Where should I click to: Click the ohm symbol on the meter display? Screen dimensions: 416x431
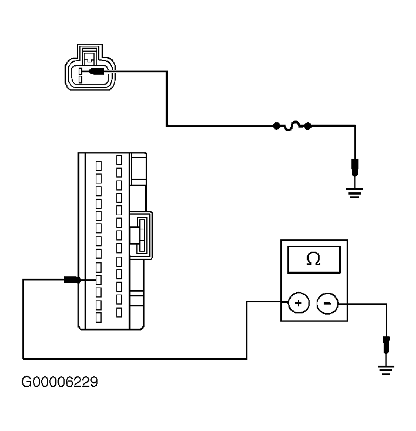pyautogui.click(x=313, y=259)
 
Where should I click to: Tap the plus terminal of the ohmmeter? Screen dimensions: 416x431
pyautogui.click(x=298, y=303)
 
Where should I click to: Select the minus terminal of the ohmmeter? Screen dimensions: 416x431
pyautogui.click(x=327, y=303)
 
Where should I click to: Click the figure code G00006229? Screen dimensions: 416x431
pyautogui.click(x=59, y=382)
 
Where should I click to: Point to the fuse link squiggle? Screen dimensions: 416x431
pyautogui.click(x=293, y=126)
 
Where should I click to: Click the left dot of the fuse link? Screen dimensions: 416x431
pyautogui.click(x=277, y=126)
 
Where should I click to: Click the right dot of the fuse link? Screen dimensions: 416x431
pyautogui.click(x=308, y=126)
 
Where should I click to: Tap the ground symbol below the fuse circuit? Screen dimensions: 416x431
pyautogui.click(x=354, y=193)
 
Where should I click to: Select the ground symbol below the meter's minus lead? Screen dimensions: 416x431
pyautogui.click(x=386, y=370)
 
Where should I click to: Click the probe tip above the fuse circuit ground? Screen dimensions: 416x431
pyautogui.click(x=355, y=168)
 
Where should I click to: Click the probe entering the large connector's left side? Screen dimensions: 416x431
pyautogui.click(x=72, y=280)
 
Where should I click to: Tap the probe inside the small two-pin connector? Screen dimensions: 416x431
pyautogui.click(x=96, y=72)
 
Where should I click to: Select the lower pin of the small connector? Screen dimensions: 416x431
pyautogui.click(x=80, y=79)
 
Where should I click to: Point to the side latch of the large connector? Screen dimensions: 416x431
pyautogui.click(x=141, y=235)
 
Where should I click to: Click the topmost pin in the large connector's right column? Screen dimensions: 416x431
pyautogui.click(x=119, y=160)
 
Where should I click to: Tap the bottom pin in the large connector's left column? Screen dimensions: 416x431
pyautogui.click(x=99, y=318)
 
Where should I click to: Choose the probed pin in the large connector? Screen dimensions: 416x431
pyautogui.click(x=99, y=280)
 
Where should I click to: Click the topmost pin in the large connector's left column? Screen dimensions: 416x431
pyautogui.click(x=99, y=166)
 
